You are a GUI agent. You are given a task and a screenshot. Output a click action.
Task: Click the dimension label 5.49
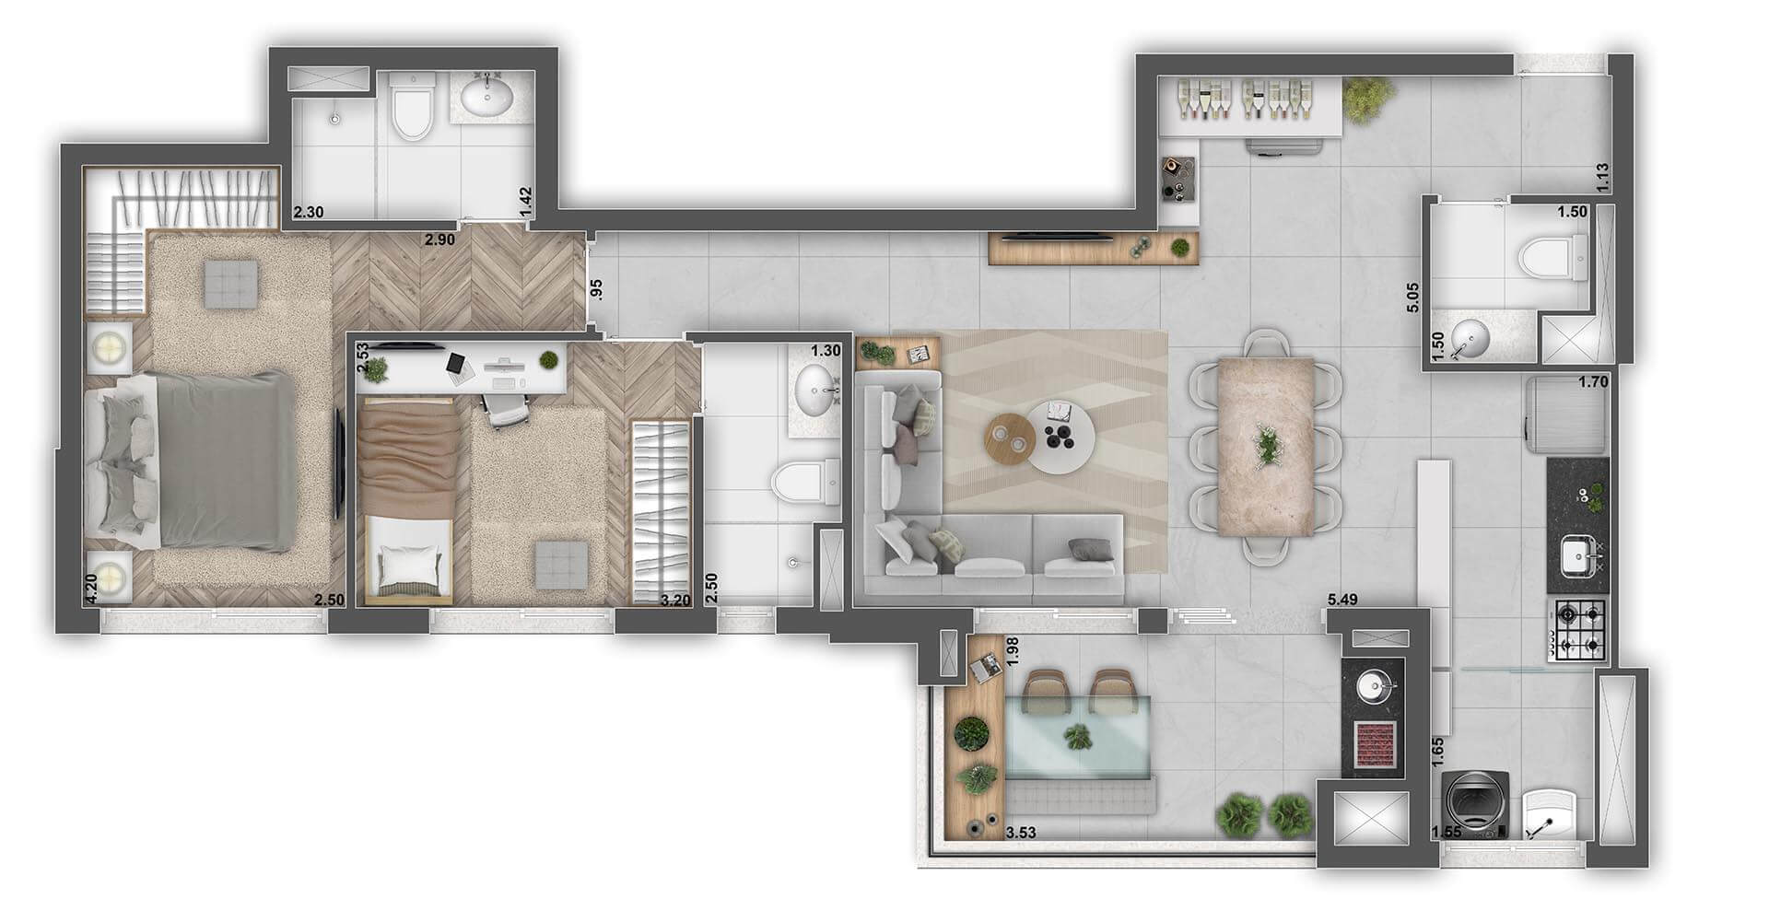coord(1341,601)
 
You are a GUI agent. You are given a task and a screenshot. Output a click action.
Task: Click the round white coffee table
coord(1061,437)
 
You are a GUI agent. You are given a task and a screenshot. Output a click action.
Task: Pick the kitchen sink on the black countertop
coord(1578,555)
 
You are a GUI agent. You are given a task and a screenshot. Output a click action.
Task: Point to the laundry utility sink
coord(1549,813)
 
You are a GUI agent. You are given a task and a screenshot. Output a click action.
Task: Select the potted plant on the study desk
coord(549,358)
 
